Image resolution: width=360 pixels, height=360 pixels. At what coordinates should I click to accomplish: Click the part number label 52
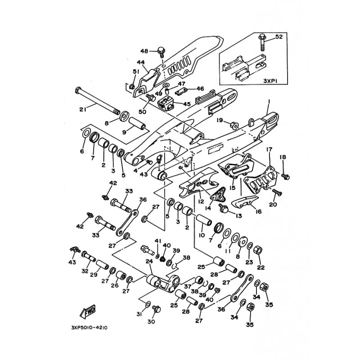click(279, 37)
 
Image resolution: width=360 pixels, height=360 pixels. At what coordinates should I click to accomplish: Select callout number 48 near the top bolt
click(144, 50)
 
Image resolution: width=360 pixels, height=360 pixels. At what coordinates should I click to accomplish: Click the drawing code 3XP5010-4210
click(90, 328)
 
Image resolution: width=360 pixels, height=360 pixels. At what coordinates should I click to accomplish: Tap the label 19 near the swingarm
click(220, 120)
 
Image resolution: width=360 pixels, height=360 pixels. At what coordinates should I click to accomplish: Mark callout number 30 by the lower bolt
click(151, 322)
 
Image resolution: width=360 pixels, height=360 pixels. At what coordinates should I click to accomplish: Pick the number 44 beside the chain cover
click(140, 63)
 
